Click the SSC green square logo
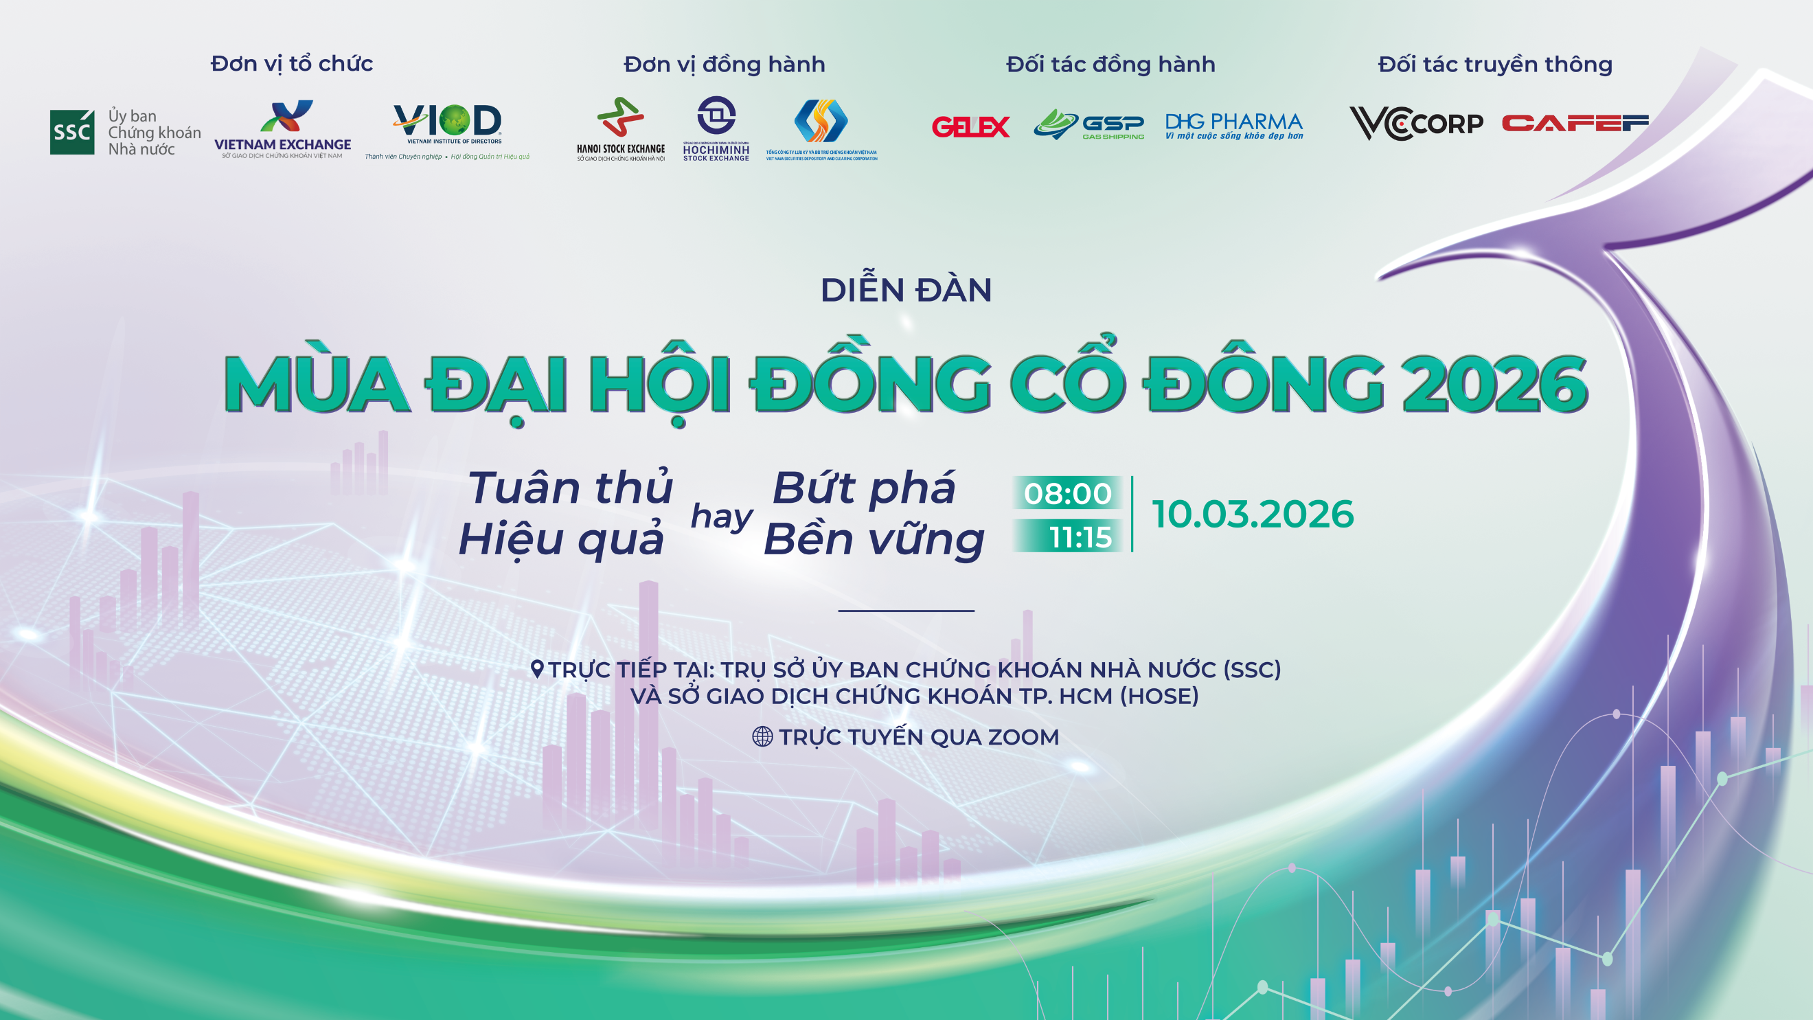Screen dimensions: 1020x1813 tap(72, 132)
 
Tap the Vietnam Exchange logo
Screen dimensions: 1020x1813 tap(283, 129)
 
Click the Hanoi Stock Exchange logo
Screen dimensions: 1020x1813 tap(620, 129)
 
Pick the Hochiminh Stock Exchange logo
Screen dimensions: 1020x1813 tap(716, 129)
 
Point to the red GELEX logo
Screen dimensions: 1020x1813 tap(970, 126)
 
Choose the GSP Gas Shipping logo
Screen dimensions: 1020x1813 tap(1088, 124)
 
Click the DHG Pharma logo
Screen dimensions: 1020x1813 tap(1234, 125)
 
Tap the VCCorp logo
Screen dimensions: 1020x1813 tap(1415, 123)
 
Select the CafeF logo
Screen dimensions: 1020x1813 tap(1575, 124)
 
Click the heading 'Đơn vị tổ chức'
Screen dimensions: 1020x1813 tap(291, 63)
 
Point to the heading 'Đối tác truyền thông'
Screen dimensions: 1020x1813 tap(1495, 64)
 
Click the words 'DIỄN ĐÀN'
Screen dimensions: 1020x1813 tap(906, 290)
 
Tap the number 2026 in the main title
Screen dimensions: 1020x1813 tap(1494, 385)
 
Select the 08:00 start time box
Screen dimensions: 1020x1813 tap(1067, 492)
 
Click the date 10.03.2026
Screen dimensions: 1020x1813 tap(1253, 514)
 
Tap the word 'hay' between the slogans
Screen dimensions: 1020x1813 tap(721, 516)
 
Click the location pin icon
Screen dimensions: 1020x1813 tap(537, 669)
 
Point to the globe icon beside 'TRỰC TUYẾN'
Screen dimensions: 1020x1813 tap(762, 736)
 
